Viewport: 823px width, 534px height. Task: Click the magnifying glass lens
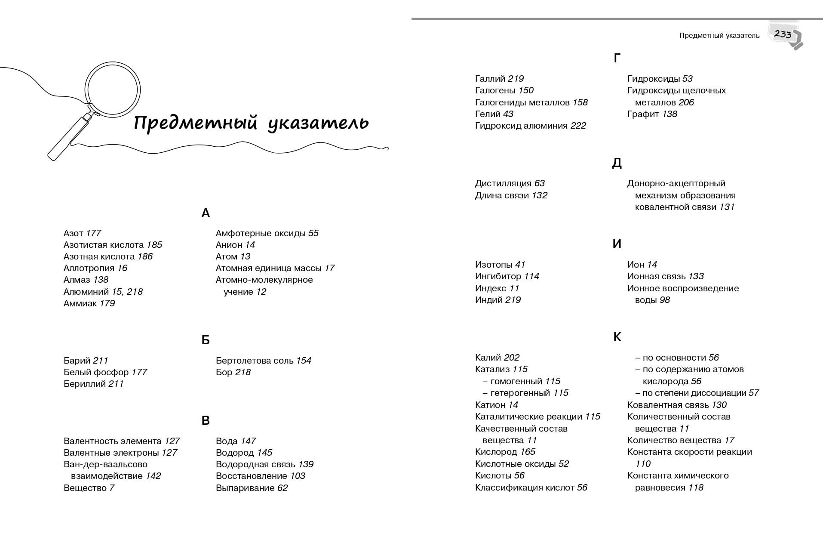pos(113,90)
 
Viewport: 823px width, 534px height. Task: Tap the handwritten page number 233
pos(783,34)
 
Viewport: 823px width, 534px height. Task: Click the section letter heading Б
pos(206,340)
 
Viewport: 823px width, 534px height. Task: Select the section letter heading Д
pos(617,163)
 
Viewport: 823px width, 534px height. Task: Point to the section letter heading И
pos(617,244)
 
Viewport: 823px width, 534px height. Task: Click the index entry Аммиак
pos(80,303)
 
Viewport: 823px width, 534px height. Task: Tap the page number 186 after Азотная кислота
pos(145,256)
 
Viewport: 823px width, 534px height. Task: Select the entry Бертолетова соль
pos(255,361)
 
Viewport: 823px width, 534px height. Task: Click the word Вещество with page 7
pos(85,488)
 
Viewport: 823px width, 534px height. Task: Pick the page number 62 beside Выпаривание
pos(282,488)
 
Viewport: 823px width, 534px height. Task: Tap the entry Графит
pos(643,114)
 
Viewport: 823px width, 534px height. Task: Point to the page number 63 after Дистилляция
pos(540,183)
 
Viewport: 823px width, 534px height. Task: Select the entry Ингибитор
pos(498,276)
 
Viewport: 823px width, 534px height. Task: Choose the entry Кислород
pos(496,452)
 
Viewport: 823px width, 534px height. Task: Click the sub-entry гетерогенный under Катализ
pos(520,393)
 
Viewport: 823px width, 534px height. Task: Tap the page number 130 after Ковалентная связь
pos(719,405)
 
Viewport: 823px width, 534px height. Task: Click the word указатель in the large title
pos(318,123)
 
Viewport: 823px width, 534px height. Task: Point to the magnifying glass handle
pos(69,137)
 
